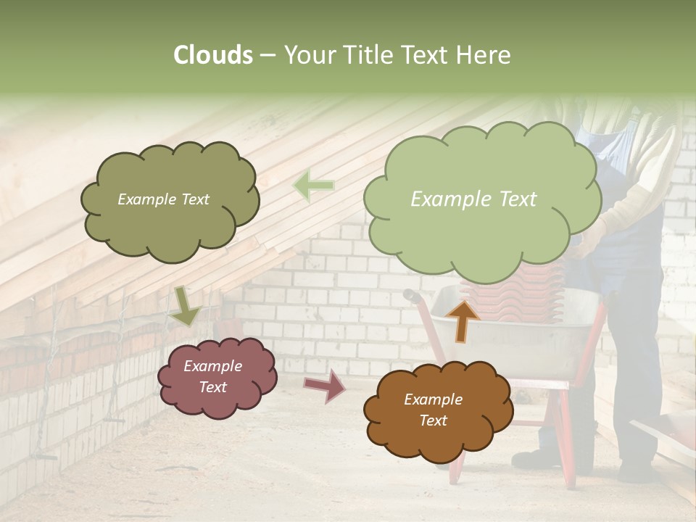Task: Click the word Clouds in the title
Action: click(212, 55)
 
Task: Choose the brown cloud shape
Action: click(438, 410)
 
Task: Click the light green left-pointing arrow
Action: click(313, 186)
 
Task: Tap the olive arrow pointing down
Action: click(185, 305)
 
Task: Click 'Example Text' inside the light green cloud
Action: click(473, 199)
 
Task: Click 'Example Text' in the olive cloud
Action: click(163, 199)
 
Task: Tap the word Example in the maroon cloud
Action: click(212, 366)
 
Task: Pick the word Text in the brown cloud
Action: click(433, 420)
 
